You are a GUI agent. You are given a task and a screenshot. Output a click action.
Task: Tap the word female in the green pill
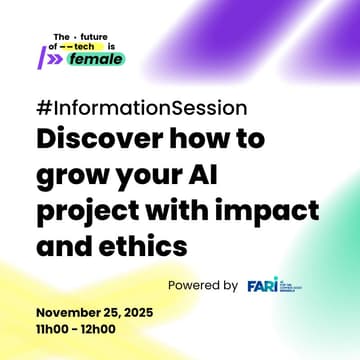click(96, 59)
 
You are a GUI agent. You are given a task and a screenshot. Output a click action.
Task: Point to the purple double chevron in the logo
click(56, 59)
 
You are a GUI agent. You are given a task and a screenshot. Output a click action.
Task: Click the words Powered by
click(202, 285)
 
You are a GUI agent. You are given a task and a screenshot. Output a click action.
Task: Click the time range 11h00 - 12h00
click(75, 329)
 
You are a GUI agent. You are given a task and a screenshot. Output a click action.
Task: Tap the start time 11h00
click(51, 329)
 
